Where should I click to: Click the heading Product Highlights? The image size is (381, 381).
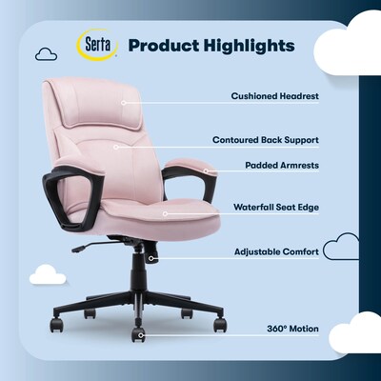coord(211,46)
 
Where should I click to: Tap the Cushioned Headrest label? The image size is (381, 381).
coord(275,96)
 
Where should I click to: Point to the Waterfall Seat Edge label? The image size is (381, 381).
coord(276,206)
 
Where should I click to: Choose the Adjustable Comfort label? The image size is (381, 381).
coord(276,252)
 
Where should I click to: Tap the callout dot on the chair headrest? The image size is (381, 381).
coord(124,102)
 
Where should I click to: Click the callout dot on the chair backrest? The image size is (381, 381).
coord(116,147)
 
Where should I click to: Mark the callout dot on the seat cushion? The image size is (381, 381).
coord(164,213)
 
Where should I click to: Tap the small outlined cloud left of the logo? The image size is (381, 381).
coord(46,54)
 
